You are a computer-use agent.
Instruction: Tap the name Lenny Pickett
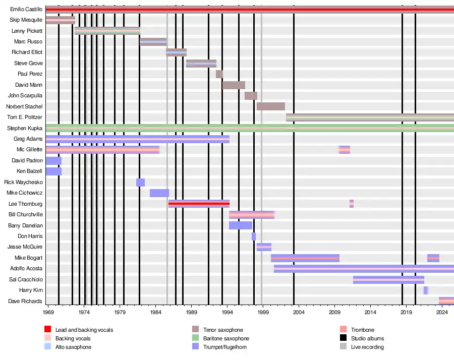tap(27, 31)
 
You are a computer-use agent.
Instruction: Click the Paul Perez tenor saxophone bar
tap(219, 74)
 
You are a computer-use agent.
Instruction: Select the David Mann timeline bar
tap(234, 85)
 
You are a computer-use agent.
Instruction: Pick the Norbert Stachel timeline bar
tap(271, 106)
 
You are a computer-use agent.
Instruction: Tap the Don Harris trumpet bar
tap(254, 236)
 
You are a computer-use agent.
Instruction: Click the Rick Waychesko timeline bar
tap(141, 183)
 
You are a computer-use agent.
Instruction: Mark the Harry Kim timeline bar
tap(426, 290)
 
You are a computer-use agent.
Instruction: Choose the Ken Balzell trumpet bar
tap(53, 171)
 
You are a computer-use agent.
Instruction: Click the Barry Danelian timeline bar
tap(241, 225)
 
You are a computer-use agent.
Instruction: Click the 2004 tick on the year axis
tap(299, 313)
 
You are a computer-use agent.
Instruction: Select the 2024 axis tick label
tap(442, 313)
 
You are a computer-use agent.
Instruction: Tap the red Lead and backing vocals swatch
tap(48, 330)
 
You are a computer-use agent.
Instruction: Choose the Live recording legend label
tap(367, 347)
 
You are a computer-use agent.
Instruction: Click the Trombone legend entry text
tap(363, 330)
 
